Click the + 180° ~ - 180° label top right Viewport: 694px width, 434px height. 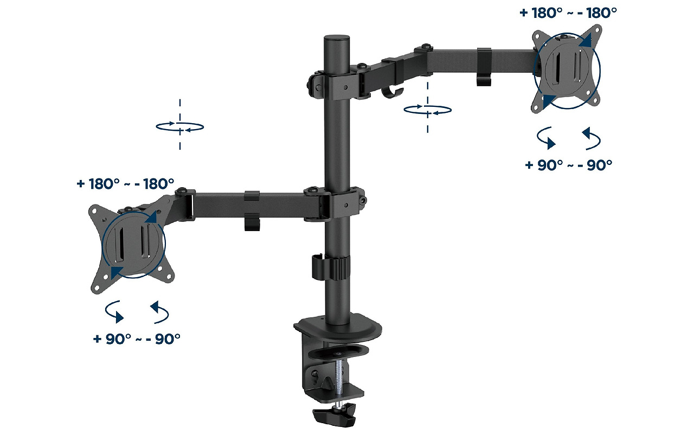(x=568, y=13)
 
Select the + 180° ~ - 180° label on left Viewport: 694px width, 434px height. (x=125, y=183)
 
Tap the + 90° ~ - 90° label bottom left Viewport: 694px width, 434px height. (x=136, y=339)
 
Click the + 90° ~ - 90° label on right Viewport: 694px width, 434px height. (x=569, y=165)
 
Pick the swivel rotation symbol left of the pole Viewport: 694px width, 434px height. (x=180, y=126)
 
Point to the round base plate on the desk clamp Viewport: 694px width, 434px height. (x=339, y=325)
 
